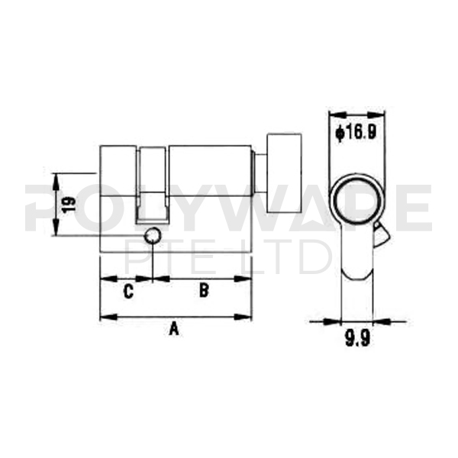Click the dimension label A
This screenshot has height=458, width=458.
pyautogui.click(x=173, y=329)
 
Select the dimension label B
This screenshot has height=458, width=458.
pyautogui.click(x=204, y=290)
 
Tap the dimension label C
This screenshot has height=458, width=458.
pyautogui.click(x=128, y=291)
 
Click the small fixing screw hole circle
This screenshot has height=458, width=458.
pyautogui.click(x=153, y=235)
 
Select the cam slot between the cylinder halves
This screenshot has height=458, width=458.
pyautogui.click(x=152, y=183)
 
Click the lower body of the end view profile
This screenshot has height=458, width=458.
pyautogui.click(x=355, y=267)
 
